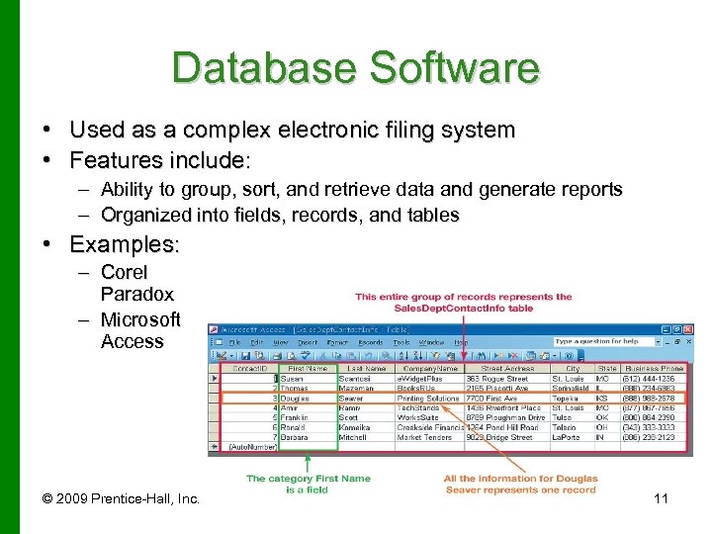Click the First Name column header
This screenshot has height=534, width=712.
(308, 368)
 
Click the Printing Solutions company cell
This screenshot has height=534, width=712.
(428, 399)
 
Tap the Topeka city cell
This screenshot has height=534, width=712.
(567, 399)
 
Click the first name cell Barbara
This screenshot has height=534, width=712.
(296, 437)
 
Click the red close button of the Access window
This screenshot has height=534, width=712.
(687, 329)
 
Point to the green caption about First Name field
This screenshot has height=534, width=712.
(307, 484)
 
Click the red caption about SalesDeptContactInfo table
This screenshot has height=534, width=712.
(463, 302)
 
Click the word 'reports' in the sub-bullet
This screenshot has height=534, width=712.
(588, 189)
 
